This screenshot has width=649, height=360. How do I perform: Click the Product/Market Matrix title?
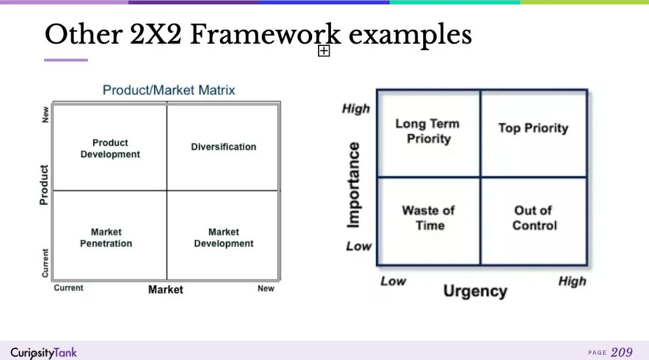[169, 90]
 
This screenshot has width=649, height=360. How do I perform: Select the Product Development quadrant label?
[110, 149]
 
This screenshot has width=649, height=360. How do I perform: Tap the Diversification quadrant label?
[223, 147]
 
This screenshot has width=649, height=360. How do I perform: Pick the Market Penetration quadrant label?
[106, 237]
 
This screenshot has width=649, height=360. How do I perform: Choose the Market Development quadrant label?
[223, 237]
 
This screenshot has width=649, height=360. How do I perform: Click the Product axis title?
[43, 185]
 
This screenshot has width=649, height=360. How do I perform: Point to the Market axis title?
[165, 289]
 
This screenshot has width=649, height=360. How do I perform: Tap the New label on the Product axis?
[45, 115]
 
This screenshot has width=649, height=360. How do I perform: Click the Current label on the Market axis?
[68, 288]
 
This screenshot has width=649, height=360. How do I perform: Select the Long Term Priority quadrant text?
[428, 131]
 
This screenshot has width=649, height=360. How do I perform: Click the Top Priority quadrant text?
[533, 128]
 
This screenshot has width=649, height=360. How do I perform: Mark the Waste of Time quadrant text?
[428, 218]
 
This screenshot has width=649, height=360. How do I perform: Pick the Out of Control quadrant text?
[534, 218]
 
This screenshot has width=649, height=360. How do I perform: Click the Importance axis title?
[354, 186]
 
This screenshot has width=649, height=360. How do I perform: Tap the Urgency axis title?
[475, 291]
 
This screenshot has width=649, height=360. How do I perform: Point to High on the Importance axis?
[356, 108]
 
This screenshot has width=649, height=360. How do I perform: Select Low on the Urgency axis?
[393, 281]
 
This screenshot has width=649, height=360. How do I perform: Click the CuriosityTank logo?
[43, 352]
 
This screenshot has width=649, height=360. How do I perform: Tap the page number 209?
[622, 352]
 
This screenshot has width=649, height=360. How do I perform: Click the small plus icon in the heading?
[324, 51]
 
